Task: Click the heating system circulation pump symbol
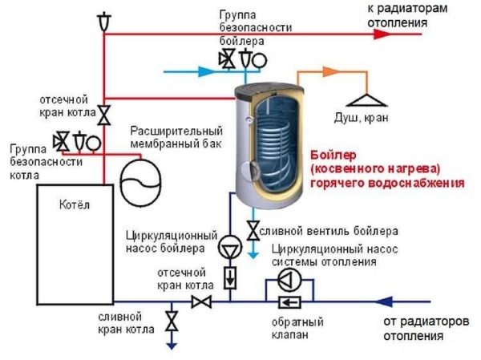(287, 278)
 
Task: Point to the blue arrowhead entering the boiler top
(207, 71)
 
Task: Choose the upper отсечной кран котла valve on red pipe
(104, 115)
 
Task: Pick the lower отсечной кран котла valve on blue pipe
(200, 301)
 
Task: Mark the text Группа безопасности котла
(34, 162)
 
